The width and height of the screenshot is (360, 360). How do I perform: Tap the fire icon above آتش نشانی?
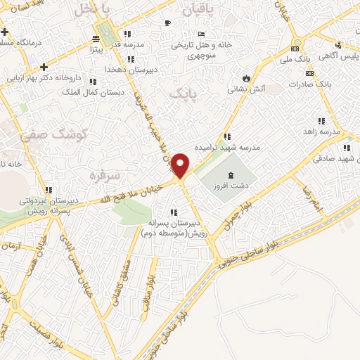[246, 77]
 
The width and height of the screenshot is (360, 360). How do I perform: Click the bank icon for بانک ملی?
[296, 49]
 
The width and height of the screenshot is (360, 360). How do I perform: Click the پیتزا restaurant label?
[98, 51]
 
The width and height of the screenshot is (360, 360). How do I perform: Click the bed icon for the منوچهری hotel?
[202, 34]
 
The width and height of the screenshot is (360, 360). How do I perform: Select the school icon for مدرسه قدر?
[127, 34]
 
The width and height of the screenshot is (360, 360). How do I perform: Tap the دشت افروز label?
[226, 188]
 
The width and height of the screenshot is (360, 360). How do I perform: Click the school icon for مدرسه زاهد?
[322, 120]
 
